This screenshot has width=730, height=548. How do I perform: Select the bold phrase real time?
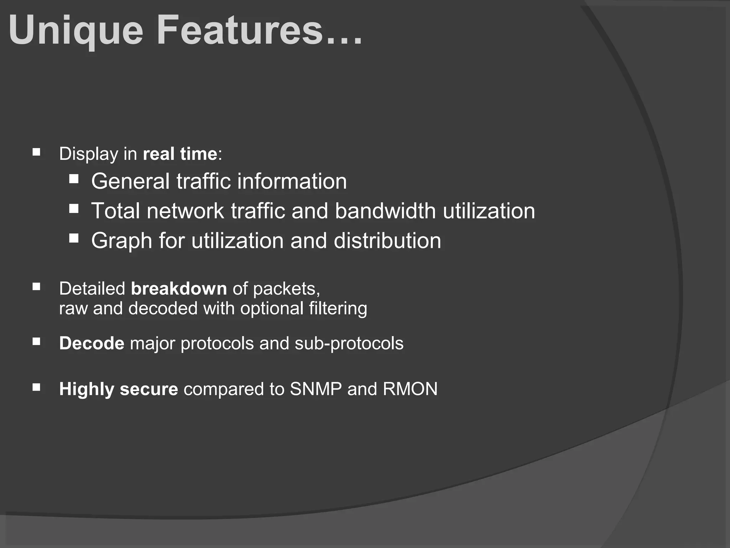180,154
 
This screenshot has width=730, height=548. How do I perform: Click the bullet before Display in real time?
36,153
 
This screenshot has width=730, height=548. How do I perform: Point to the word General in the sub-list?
130,181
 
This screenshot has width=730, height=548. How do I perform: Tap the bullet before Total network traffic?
74,208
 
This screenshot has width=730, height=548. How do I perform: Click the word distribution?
387,240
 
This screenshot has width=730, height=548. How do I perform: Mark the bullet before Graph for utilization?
74,238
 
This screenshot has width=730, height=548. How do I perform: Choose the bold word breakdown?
179,288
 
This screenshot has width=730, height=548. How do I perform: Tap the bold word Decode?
92,344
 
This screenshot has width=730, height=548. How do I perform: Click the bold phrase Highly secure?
118,389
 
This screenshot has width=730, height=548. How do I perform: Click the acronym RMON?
410,389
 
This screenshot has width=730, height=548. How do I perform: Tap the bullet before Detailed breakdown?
36,287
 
